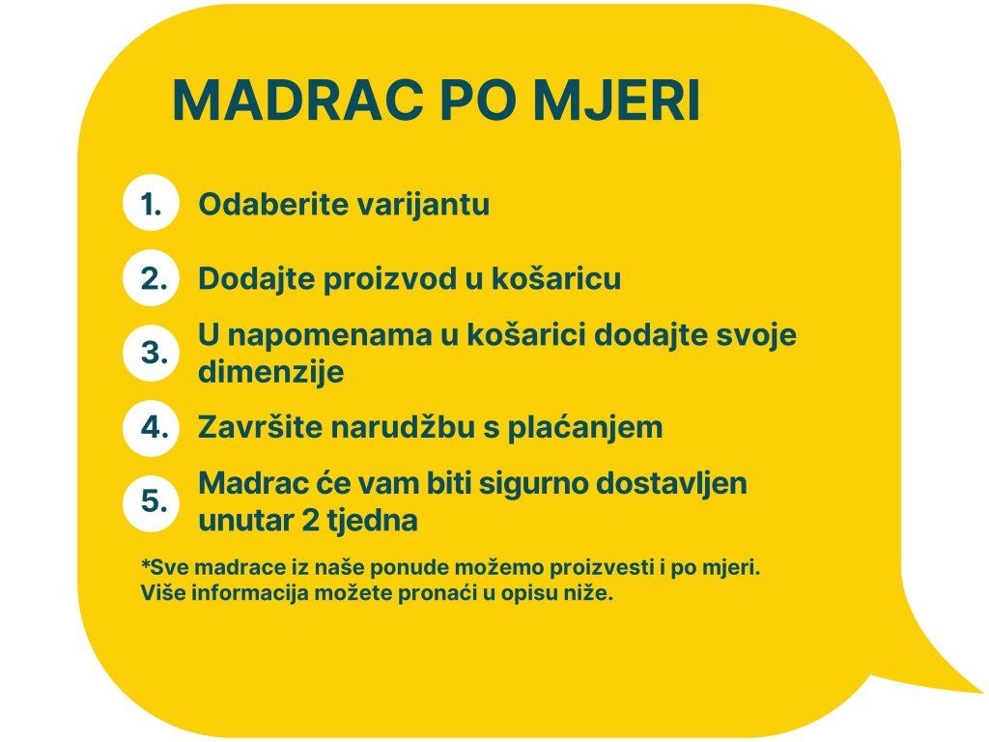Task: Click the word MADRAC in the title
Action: point(297,100)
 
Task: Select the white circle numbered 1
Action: point(152,203)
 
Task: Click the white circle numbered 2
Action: point(152,278)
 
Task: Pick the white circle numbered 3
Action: point(152,353)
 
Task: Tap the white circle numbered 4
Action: point(152,427)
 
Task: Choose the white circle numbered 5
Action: point(152,501)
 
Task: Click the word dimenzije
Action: point(271,372)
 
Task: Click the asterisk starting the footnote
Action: point(145,563)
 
